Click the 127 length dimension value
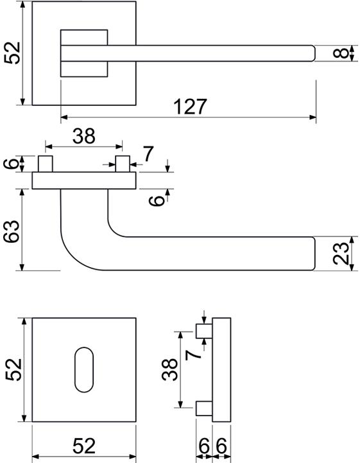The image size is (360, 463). click(x=191, y=107)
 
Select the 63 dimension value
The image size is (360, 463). click(x=12, y=231)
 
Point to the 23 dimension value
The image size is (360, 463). click(x=341, y=253)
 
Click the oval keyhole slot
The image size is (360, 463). click(x=84, y=369)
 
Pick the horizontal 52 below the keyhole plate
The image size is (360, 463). click(x=84, y=446)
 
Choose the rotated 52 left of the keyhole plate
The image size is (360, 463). click(x=13, y=370)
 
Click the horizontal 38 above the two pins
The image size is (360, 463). click(x=84, y=136)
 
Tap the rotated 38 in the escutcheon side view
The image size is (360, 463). click(x=169, y=369)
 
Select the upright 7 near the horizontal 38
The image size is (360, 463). click(x=148, y=154)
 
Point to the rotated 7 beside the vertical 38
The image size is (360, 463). click(x=193, y=354)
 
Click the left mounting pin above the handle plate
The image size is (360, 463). click(x=46, y=164)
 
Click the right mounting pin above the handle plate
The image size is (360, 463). click(x=123, y=164)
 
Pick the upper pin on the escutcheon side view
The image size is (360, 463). click(x=204, y=331)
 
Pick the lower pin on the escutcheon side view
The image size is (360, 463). click(x=204, y=408)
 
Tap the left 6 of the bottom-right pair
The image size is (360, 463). click(x=204, y=446)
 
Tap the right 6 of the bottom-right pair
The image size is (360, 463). click(x=221, y=446)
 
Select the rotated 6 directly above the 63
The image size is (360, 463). click(x=12, y=163)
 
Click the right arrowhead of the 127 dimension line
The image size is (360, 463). click(x=313, y=118)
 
